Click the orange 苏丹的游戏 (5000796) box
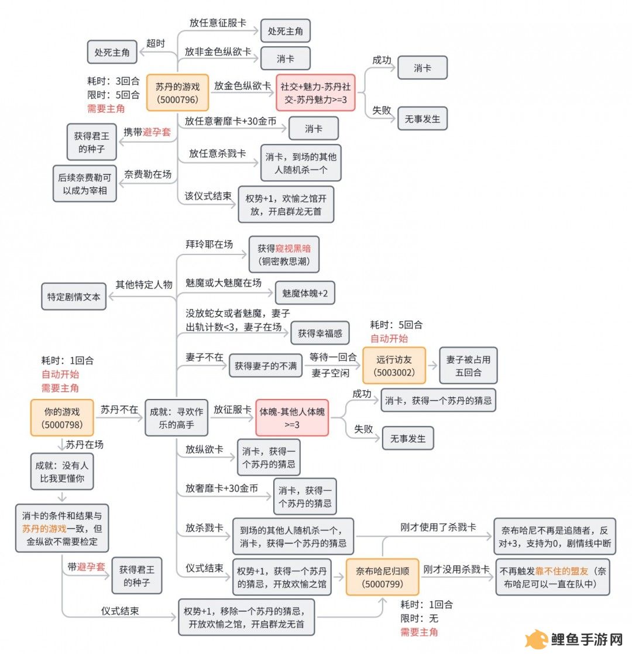click(178, 92)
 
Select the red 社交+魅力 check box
click(315, 92)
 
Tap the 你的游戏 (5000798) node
click(62, 418)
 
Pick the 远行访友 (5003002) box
click(394, 366)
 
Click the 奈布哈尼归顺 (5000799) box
click(382, 577)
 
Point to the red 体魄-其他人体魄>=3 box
click(292, 418)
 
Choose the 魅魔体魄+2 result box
click(305, 293)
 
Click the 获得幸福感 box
click(320, 333)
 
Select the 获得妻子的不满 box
click(266, 366)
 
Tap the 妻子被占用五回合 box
click(468, 366)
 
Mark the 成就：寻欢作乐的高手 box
click(177, 418)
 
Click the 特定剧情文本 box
click(74, 297)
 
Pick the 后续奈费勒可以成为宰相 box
click(85, 184)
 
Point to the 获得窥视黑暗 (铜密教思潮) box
click(284, 254)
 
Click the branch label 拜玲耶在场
click(209, 244)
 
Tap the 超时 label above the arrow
click(156, 43)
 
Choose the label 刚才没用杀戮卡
click(456, 569)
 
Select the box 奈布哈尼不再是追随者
click(555, 536)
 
